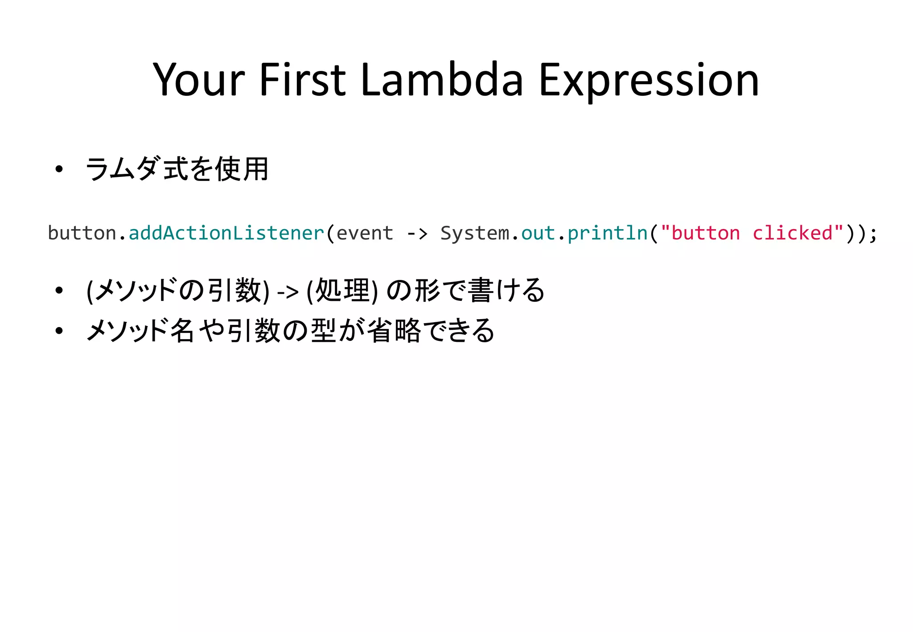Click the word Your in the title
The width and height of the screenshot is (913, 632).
pyautogui.click(x=199, y=80)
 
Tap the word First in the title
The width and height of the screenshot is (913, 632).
pyautogui.click(x=302, y=80)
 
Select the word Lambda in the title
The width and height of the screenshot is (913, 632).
pyautogui.click(x=442, y=80)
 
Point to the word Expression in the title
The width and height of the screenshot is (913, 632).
pyautogui.click(x=649, y=80)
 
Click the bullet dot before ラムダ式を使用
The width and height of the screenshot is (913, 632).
pyautogui.click(x=59, y=169)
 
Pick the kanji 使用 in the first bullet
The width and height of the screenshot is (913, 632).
pyautogui.click(x=242, y=169)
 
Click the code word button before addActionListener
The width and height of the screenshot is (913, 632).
pyautogui.click(x=82, y=233)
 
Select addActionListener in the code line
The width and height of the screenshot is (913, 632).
pyautogui.click(x=226, y=233)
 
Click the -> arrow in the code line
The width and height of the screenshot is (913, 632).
pyautogui.click(x=417, y=233)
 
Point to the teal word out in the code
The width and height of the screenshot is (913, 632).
pyautogui.click(x=538, y=233)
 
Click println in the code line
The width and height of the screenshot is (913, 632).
pyautogui.click(x=608, y=233)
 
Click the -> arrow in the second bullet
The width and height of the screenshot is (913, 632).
pyautogui.click(x=288, y=292)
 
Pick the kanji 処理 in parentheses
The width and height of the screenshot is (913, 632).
pyautogui.click(x=342, y=291)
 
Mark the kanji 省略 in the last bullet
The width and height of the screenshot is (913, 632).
pyautogui.click(x=394, y=331)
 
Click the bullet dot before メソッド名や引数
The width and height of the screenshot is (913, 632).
pyautogui.click(x=59, y=331)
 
